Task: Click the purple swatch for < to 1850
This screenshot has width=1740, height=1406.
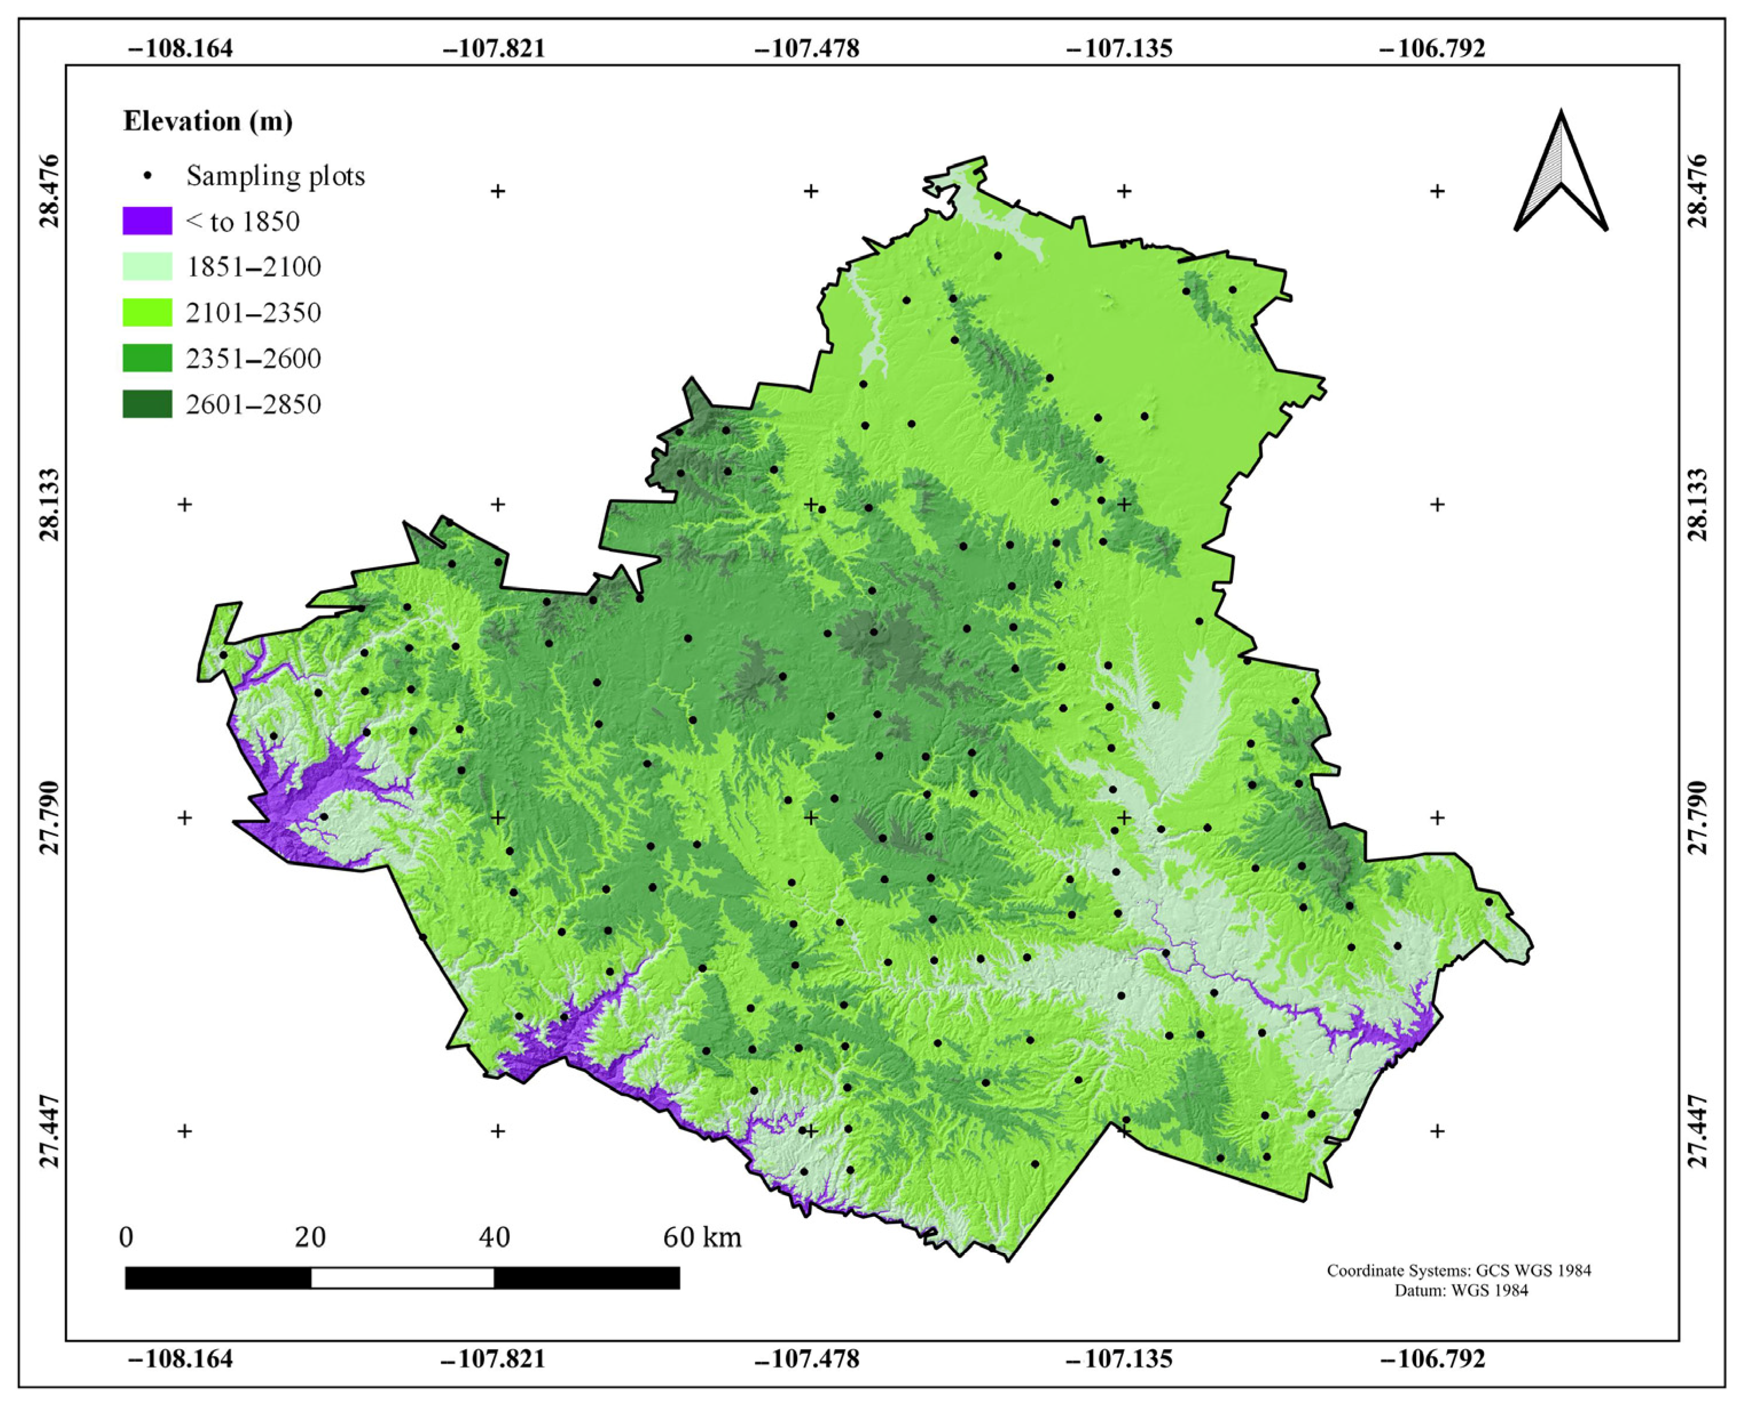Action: pyautogui.click(x=147, y=221)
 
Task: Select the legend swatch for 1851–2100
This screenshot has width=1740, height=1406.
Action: pyautogui.click(x=147, y=267)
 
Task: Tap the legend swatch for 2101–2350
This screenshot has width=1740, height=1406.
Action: pyautogui.click(x=147, y=312)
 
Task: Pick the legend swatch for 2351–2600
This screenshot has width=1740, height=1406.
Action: pyautogui.click(x=147, y=358)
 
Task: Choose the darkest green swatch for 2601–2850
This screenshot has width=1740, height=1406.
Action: pyautogui.click(x=147, y=404)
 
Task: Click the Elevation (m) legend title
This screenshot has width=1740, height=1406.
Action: pyautogui.click(x=208, y=122)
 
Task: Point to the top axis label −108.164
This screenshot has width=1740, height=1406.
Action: pyautogui.click(x=181, y=49)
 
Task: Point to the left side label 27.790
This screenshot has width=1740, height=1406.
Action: pyautogui.click(x=50, y=817)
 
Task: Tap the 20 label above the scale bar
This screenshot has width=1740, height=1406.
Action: pyautogui.click(x=310, y=1237)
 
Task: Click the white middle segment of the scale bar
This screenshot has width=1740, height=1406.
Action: pyautogui.click(x=402, y=1277)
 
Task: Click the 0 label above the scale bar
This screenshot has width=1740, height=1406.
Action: pyautogui.click(x=126, y=1237)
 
